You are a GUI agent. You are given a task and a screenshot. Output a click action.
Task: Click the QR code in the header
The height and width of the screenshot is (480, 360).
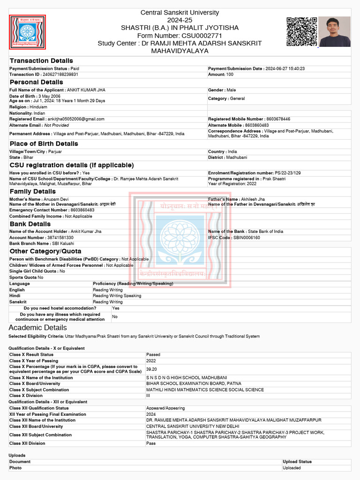tap(302, 31)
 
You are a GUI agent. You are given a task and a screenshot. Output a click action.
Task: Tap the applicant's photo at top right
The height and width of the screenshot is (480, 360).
tap(335, 31)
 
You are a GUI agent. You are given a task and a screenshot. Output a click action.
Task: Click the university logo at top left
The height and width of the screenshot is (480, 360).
tap(27, 32)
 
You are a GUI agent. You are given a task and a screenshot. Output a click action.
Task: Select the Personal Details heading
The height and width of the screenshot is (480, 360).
tap(36, 82)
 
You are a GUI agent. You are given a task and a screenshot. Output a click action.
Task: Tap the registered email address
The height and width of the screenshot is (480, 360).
tap(76, 119)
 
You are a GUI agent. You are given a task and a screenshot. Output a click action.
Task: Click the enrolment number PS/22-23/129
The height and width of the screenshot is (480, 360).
tap(288, 173)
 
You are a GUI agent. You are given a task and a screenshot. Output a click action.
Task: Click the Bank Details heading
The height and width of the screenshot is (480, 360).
tap(30, 224)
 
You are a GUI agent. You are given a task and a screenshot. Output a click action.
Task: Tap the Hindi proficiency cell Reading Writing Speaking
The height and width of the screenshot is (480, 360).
tap(117, 296)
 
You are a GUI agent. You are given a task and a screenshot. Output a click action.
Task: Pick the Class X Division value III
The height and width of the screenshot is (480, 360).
tap(149, 396)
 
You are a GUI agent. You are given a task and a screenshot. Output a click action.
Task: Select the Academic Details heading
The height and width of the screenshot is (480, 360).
tap(37, 327)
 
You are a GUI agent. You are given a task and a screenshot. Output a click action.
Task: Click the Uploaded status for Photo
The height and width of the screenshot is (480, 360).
tap(292, 468)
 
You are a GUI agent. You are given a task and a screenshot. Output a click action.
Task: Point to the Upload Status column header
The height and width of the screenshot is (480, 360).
tap(297, 462)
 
